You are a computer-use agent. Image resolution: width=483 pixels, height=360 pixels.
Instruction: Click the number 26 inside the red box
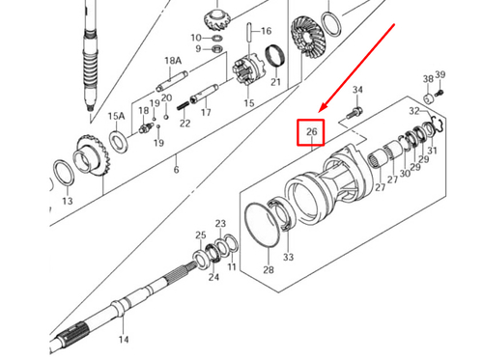311,131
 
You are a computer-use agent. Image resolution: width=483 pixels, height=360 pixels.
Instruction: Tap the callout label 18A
173,60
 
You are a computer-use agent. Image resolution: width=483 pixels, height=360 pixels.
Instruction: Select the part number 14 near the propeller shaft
123,340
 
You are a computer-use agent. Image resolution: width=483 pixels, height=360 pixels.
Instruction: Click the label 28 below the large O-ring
268,269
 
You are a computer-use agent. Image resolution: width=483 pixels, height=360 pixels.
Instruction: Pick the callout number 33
288,258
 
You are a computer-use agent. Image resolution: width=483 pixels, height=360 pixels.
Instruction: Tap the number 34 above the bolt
357,90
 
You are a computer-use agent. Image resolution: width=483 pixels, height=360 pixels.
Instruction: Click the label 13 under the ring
67,201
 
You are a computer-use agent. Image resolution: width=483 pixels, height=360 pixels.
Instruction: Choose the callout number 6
176,171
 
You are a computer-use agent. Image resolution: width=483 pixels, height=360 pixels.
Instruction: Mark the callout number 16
266,31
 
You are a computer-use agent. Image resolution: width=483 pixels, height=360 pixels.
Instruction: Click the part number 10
196,38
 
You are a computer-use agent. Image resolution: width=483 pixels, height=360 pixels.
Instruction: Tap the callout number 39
440,74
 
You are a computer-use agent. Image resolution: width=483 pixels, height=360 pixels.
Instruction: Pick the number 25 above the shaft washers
201,235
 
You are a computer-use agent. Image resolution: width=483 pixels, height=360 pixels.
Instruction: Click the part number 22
185,122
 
